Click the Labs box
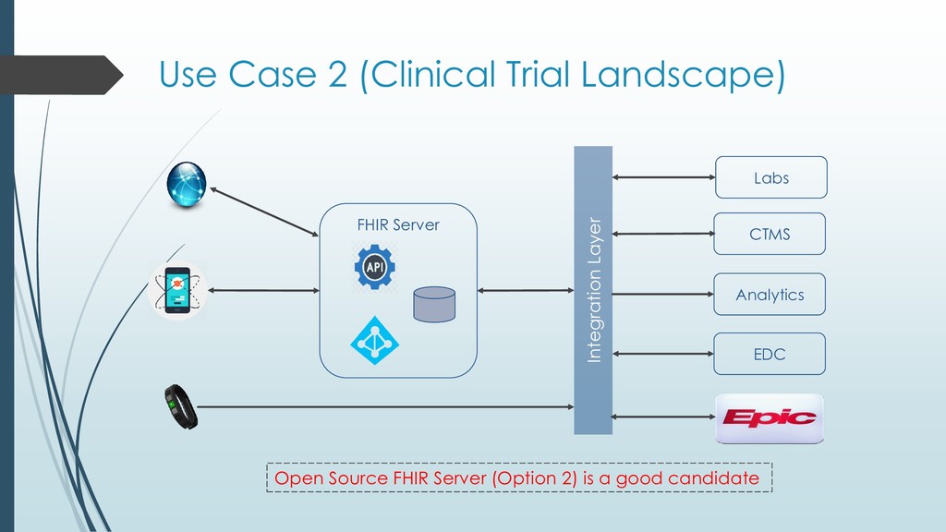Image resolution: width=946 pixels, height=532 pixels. click(x=770, y=177)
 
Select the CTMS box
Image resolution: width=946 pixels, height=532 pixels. click(x=770, y=234)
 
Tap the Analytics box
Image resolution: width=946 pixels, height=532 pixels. click(x=770, y=295)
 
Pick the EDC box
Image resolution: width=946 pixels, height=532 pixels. click(x=770, y=354)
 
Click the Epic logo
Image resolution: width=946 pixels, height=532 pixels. click(x=770, y=418)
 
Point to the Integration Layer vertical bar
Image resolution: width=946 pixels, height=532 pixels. click(x=593, y=290)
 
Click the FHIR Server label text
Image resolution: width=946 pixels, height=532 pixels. click(x=398, y=224)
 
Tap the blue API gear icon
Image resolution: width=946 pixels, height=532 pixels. click(x=374, y=267)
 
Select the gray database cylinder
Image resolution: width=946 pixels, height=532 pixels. click(x=434, y=304)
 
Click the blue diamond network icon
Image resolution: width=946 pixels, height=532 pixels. click(x=374, y=340)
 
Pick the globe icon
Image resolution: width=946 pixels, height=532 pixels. click(x=187, y=184)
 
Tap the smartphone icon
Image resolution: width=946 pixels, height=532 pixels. click(x=178, y=290)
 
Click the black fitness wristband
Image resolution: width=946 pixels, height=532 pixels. click(x=180, y=407)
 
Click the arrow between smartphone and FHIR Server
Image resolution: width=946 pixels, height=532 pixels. click(x=263, y=291)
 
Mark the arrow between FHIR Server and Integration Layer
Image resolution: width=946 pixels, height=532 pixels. click(x=526, y=291)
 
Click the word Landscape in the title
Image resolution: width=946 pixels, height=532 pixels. click(x=683, y=74)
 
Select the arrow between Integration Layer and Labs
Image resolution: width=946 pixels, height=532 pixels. click(x=663, y=177)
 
